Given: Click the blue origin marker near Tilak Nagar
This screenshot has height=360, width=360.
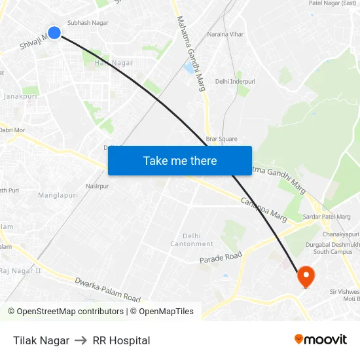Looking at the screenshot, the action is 54,32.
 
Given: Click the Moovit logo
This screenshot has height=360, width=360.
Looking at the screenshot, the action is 321,339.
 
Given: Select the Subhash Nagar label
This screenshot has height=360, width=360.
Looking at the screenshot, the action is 88,22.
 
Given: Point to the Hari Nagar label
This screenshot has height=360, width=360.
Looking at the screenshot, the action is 114,63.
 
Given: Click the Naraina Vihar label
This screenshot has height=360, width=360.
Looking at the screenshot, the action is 225,33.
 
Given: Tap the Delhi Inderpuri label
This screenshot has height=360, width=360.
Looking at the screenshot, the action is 235,81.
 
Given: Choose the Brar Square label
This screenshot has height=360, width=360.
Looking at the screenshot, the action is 222,139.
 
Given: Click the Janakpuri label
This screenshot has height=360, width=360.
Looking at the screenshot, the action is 20,96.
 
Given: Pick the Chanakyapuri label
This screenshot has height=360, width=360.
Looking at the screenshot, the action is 340,234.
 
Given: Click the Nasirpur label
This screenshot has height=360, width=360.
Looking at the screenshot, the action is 96,186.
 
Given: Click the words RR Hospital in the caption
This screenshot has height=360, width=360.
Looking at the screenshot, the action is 121,340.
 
